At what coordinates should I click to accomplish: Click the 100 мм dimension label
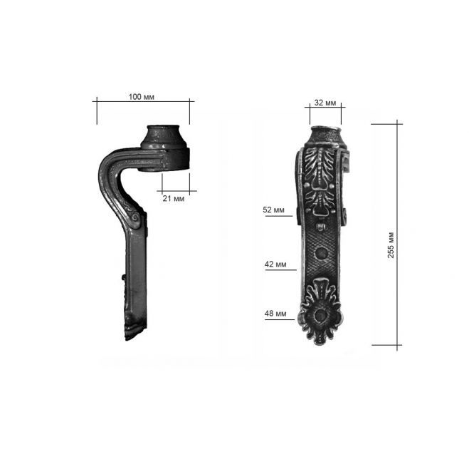(x=141, y=97)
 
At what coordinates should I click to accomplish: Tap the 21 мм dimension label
(x=173, y=198)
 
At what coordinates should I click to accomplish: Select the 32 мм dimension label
(x=325, y=103)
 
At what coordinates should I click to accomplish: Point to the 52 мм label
(x=273, y=210)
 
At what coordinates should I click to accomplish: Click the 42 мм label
(x=275, y=264)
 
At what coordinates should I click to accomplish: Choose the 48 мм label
(x=275, y=314)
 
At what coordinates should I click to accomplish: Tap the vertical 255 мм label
(x=391, y=245)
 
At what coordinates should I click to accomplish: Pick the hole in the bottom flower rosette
(x=320, y=315)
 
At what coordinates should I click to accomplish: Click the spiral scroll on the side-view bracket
(x=135, y=217)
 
